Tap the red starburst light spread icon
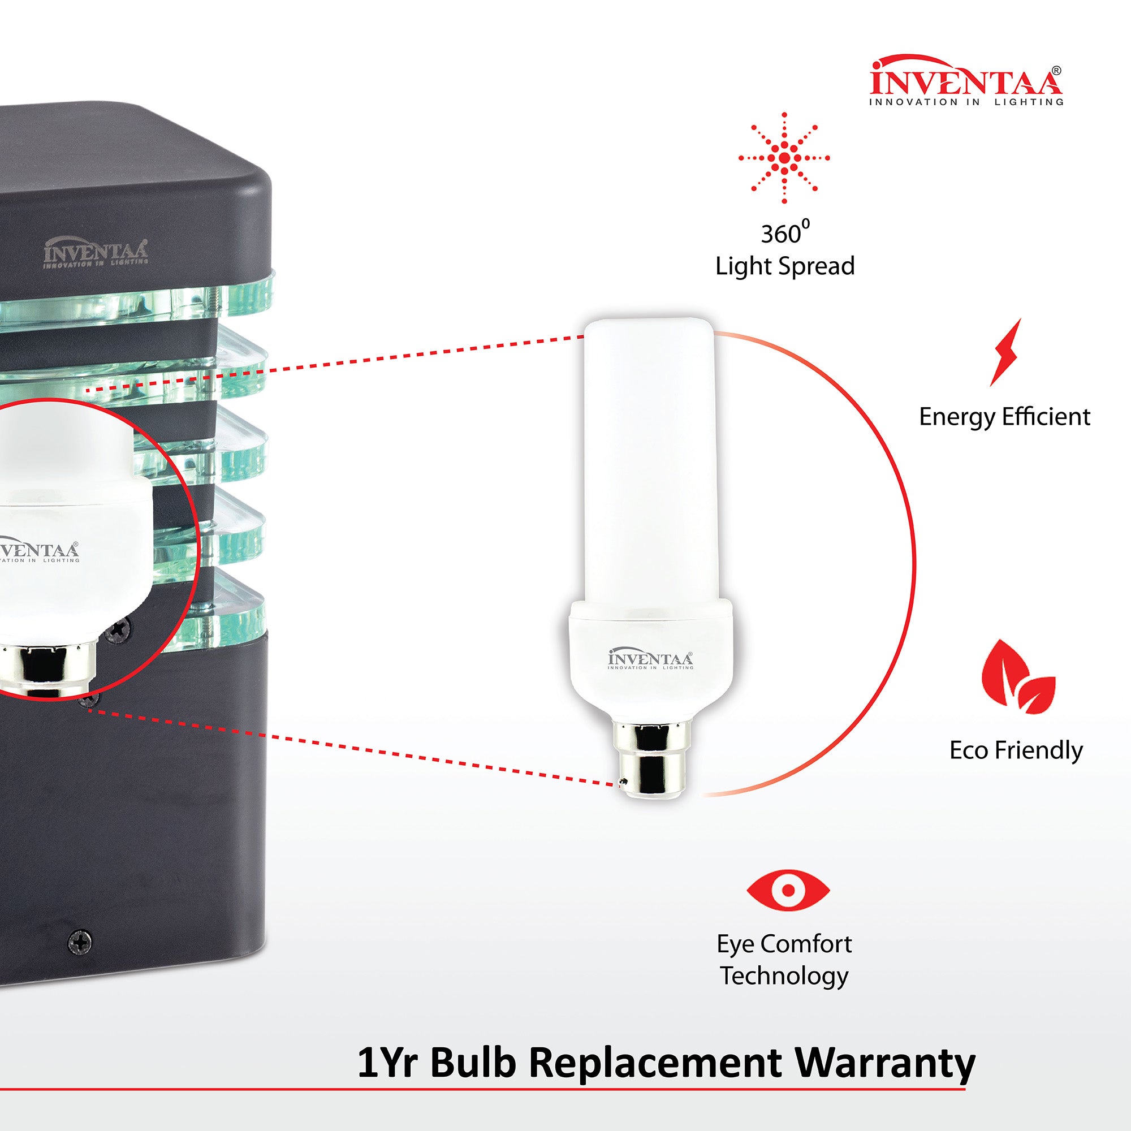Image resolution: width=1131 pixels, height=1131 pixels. click(784, 158)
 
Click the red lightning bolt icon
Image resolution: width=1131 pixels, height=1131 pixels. click(1005, 352)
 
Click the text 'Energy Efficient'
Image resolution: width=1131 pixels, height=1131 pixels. click(1004, 417)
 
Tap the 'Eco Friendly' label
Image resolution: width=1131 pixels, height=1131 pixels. click(1016, 751)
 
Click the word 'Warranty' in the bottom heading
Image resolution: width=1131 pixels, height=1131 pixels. click(884, 1063)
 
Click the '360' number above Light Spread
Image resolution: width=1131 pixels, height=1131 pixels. click(780, 234)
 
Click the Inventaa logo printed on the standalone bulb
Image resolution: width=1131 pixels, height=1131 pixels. click(650, 660)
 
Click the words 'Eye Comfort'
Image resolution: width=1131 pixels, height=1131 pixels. click(784, 944)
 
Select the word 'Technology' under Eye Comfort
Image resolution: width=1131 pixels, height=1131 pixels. click(784, 977)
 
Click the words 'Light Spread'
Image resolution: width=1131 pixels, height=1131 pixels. click(785, 266)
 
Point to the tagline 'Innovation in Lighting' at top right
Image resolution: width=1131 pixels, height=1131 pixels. click(966, 102)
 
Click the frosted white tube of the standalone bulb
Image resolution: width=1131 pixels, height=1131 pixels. click(649, 456)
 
